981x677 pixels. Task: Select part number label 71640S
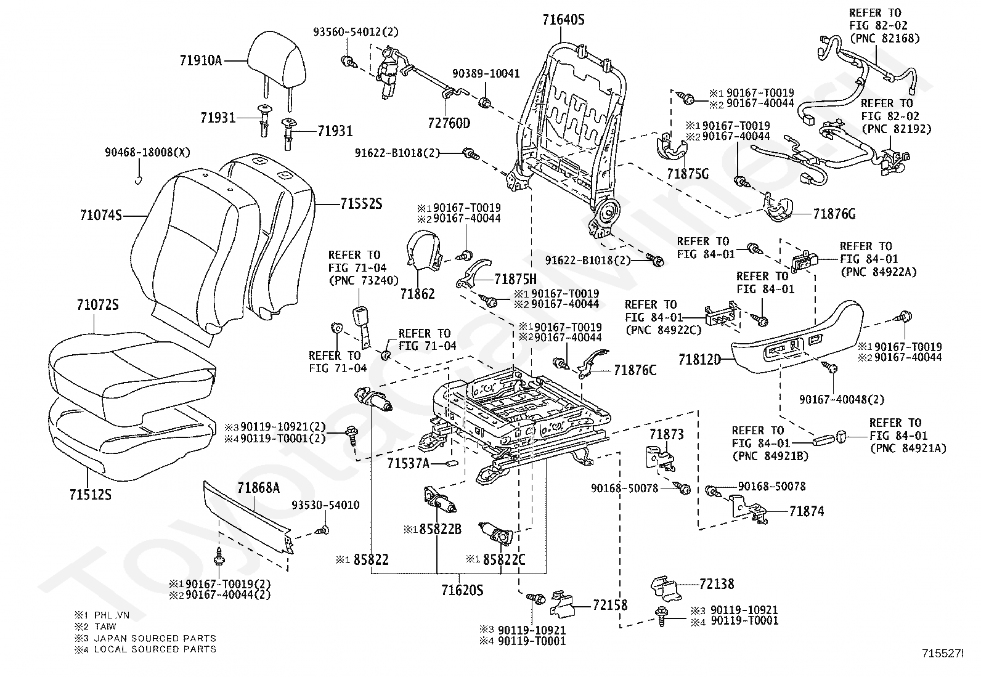[x=563, y=20]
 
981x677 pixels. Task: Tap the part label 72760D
[x=449, y=123]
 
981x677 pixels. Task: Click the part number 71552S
[x=361, y=203]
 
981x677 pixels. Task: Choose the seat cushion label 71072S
[x=98, y=306]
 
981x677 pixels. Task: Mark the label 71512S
[x=91, y=494]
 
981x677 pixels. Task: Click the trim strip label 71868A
[x=259, y=488]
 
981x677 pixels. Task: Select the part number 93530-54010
[x=325, y=505]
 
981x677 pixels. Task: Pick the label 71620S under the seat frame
[x=462, y=590]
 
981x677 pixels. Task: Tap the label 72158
[x=610, y=605]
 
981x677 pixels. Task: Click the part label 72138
[x=717, y=583]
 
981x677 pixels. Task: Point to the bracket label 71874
[x=806, y=511]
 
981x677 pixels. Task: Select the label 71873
[x=666, y=435]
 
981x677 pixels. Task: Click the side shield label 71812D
[x=699, y=359]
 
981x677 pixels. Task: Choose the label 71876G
[x=834, y=214]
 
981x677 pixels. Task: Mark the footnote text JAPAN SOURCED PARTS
[x=155, y=638]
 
